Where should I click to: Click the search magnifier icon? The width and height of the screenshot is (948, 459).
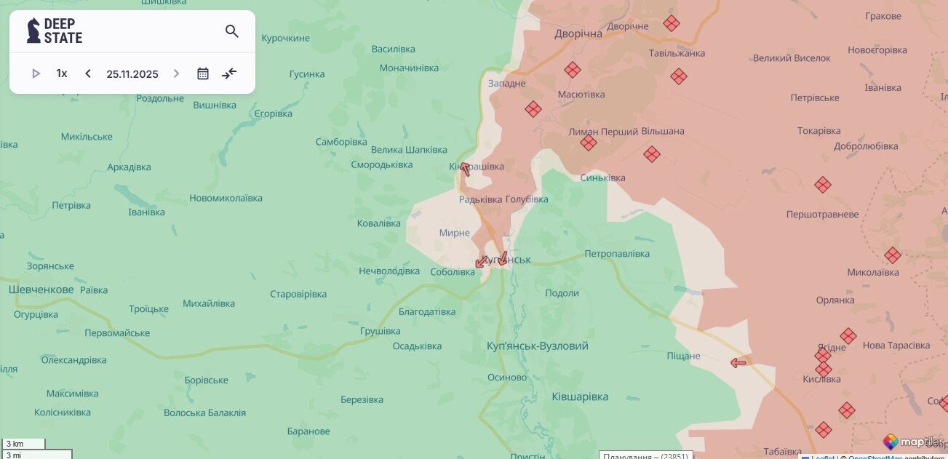tap(232, 31)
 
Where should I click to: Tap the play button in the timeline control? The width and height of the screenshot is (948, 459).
tap(36, 73)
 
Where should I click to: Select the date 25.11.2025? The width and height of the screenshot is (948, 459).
tap(132, 73)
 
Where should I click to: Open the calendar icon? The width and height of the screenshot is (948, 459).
tap(203, 73)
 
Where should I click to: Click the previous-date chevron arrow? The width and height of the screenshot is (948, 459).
tap(88, 73)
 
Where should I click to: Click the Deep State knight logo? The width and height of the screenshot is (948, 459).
tap(33, 31)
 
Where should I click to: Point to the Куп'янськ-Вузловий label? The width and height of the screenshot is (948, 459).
tap(537, 346)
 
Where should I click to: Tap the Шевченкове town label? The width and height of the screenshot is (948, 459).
tap(41, 290)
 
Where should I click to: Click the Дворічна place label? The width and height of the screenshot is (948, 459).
tap(578, 34)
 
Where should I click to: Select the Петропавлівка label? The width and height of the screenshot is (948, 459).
tap(617, 254)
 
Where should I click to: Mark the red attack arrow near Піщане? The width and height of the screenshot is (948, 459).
tap(738, 362)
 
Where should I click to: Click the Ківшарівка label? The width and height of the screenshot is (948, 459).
tap(580, 396)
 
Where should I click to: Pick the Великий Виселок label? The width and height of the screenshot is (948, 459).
tap(792, 58)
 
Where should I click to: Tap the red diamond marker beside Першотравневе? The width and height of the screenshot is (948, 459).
tap(823, 185)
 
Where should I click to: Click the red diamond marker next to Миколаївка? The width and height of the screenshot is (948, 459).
tap(893, 255)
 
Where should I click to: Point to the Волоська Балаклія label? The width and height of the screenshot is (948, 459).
tap(204, 412)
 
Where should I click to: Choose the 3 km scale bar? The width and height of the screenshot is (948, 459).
tap(23, 444)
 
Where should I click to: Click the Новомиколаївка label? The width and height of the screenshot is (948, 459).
tap(226, 198)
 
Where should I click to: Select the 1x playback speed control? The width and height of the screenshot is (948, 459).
tap(62, 73)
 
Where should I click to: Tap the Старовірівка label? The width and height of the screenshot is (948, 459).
tap(298, 294)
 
